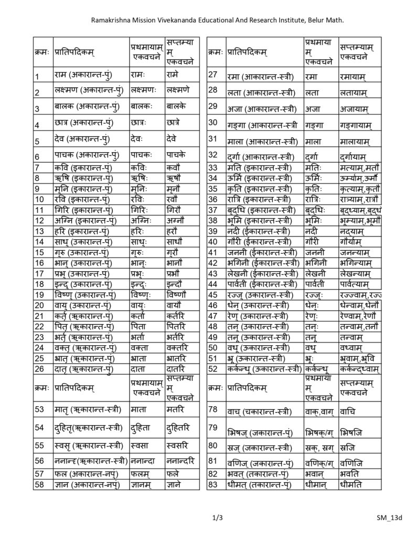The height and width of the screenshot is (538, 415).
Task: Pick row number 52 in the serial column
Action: tap(213, 368)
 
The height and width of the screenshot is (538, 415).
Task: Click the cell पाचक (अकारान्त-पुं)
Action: tap(86, 156)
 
